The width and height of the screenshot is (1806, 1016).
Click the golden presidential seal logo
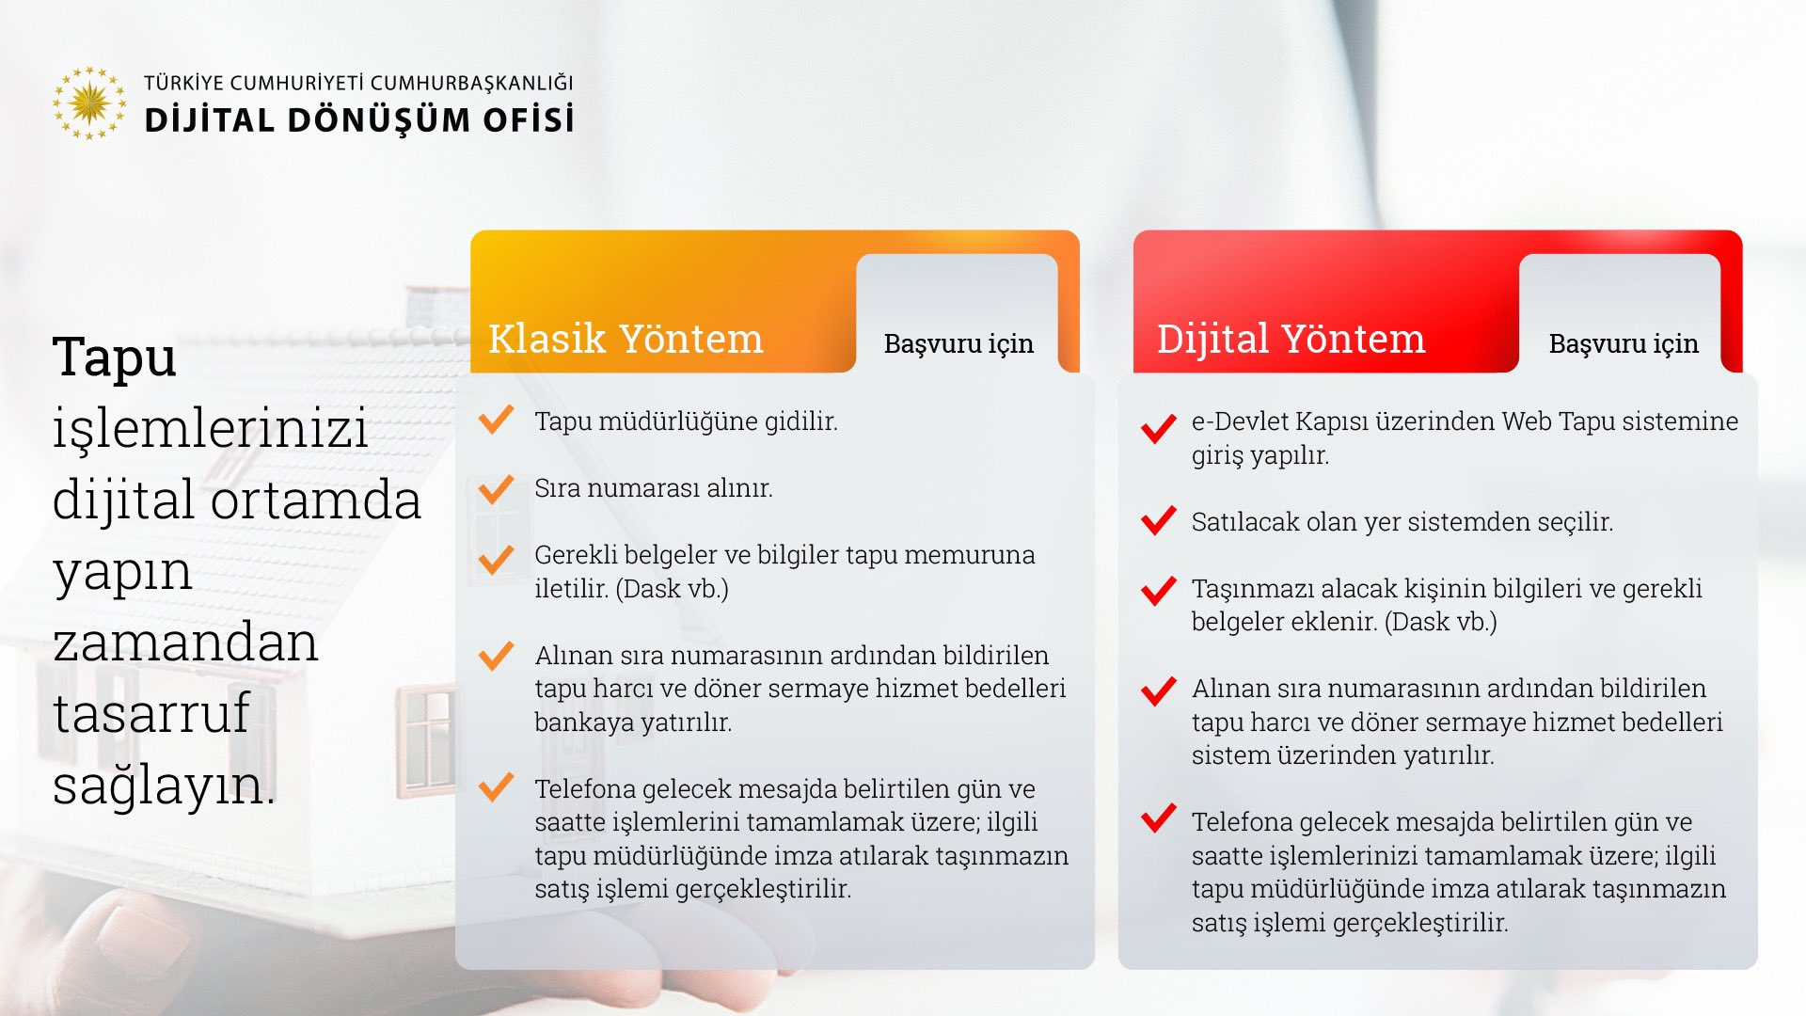click(89, 103)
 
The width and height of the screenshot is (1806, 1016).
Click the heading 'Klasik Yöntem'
click(626, 339)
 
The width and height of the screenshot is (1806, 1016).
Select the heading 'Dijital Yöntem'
click(1291, 339)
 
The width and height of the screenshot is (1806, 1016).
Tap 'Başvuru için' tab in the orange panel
click(958, 344)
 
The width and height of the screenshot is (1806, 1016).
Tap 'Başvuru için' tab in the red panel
click(1624, 344)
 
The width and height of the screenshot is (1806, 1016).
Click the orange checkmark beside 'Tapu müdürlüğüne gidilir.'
click(497, 419)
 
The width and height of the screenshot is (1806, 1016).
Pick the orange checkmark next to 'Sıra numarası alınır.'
click(497, 488)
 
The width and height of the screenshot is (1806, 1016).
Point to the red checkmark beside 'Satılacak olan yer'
click(1159, 520)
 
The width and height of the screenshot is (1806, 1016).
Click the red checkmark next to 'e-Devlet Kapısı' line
click(1159, 428)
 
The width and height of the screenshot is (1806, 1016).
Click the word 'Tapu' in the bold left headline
click(115, 357)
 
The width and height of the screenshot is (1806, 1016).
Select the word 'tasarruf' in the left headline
click(150, 713)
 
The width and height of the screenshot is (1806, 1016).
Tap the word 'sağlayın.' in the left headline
click(164, 786)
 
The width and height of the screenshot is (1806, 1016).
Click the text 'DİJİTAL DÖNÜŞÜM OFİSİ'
click(358, 120)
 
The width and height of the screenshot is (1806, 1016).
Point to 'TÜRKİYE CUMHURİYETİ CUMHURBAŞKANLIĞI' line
click(358, 83)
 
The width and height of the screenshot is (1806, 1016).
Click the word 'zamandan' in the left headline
click(185, 643)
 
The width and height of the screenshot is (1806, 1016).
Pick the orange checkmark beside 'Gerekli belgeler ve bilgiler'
click(497, 560)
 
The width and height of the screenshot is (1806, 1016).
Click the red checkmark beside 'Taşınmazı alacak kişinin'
click(1159, 591)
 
